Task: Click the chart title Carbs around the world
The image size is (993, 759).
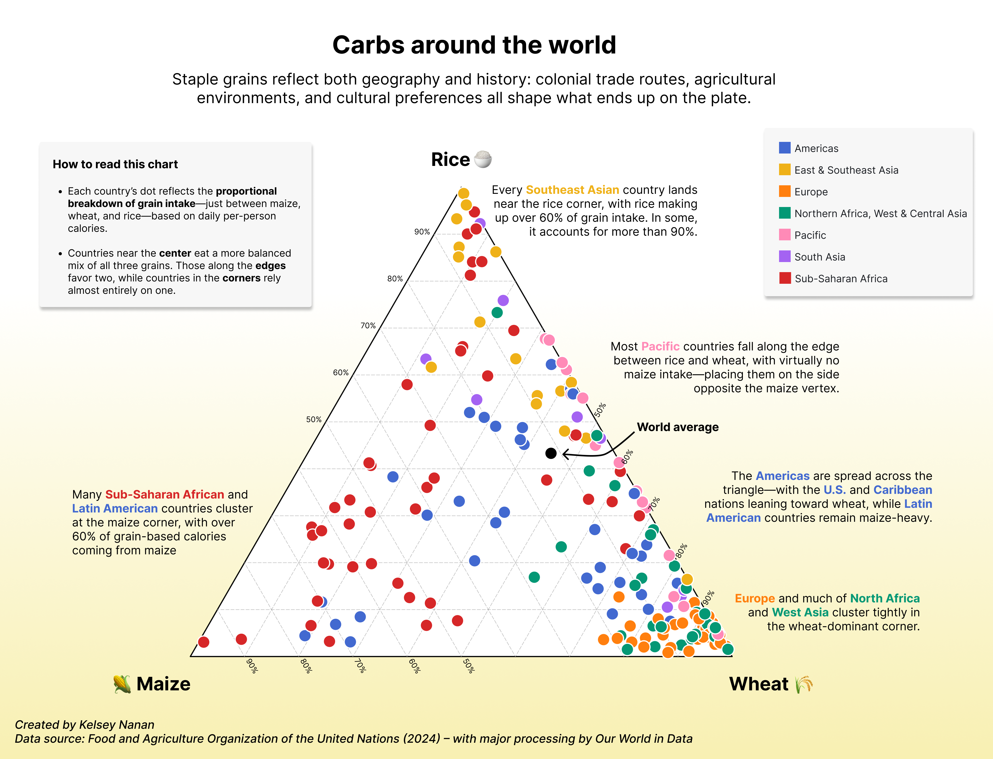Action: [474, 45]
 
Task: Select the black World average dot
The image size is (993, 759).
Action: [551, 453]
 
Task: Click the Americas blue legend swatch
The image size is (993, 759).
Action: [785, 148]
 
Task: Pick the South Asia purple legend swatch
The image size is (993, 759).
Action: [785, 257]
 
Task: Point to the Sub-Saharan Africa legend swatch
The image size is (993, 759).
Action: [785, 278]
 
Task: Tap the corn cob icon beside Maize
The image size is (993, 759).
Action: [122, 684]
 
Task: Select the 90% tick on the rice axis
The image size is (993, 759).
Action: [422, 232]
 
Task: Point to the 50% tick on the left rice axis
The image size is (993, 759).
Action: [313, 420]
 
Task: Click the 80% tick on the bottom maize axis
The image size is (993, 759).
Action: [306, 666]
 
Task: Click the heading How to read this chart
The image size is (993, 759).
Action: [115, 164]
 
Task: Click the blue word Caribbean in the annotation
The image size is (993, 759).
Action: [902, 490]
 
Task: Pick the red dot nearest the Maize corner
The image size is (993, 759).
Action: [204, 642]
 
